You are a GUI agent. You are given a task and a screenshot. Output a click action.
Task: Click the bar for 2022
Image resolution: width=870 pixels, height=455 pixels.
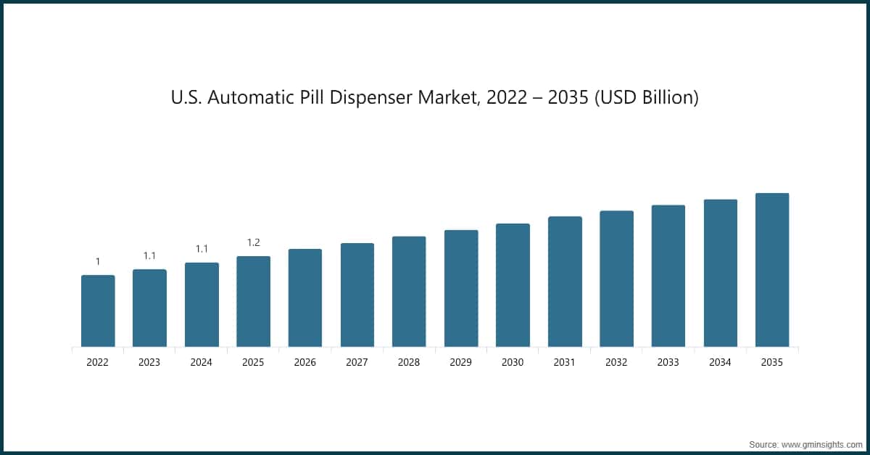98,311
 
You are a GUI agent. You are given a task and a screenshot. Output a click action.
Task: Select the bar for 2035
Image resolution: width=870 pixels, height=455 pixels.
772,270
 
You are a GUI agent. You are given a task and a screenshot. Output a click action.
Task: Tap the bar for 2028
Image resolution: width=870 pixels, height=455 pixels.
409,292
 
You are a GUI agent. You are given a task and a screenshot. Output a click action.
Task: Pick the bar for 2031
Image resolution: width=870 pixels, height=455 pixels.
565,282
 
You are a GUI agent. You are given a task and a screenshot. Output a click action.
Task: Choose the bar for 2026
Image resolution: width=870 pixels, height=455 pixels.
305,298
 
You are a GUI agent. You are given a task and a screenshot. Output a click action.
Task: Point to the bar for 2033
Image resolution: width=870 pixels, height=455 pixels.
668,276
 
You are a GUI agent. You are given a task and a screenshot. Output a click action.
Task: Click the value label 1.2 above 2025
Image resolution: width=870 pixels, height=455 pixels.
253,242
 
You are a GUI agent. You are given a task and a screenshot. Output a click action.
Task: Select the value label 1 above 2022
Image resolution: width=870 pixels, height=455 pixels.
98,261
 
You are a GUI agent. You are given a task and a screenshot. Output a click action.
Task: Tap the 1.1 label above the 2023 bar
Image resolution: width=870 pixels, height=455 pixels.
149,255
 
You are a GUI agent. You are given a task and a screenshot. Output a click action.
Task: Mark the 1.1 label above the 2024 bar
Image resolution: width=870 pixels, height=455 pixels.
202,249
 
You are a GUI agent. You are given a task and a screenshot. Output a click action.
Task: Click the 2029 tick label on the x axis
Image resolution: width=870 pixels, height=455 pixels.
461,362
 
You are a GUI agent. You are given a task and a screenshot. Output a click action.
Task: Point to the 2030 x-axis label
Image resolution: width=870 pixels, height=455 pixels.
513,362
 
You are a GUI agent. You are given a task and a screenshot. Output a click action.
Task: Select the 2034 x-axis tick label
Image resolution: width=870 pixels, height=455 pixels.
721,362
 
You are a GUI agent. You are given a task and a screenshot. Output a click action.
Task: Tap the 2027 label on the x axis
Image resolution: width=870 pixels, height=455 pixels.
357,362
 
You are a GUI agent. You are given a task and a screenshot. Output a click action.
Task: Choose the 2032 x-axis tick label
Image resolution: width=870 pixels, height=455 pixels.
616,362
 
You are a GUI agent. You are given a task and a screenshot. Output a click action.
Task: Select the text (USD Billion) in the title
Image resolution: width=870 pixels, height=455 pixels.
646,97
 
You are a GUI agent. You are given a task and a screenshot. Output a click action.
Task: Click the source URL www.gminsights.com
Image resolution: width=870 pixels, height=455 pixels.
821,443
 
